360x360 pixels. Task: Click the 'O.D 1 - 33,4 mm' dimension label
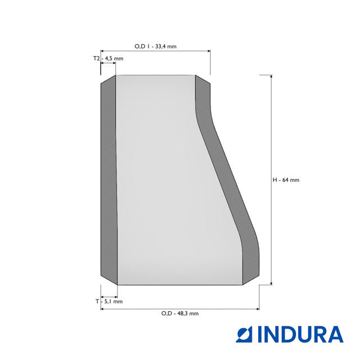point(155,46)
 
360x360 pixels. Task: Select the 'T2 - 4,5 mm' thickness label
point(108,58)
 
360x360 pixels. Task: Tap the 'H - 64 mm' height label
point(286,180)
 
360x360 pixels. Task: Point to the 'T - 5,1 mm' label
point(109,301)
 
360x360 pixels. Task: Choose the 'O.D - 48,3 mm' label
point(179,313)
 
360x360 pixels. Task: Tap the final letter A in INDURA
point(334,334)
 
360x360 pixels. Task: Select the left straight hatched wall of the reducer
point(109,180)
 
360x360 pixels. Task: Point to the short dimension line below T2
point(109,64)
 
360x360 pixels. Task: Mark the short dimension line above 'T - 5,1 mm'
point(109,296)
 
